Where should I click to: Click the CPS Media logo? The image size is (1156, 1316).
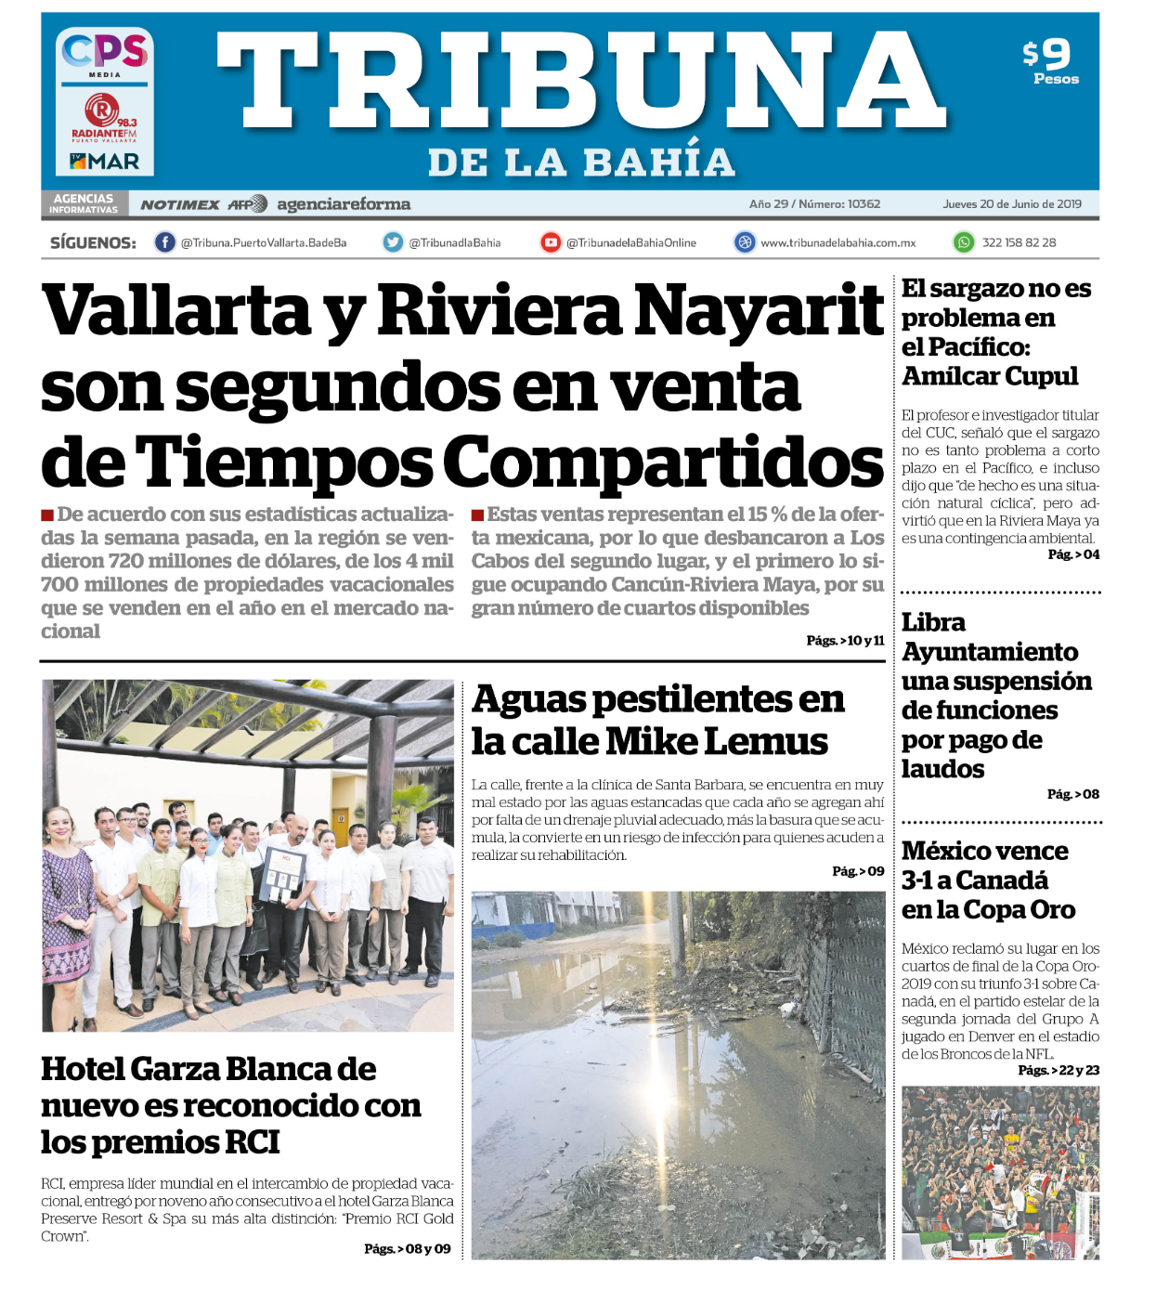click(x=105, y=54)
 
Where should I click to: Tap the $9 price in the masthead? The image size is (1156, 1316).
click(x=1048, y=55)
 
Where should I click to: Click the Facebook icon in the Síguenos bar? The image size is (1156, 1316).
click(x=164, y=242)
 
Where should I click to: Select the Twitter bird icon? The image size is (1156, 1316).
click(x=394, y=242)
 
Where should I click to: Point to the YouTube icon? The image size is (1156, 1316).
click(x=551, y=242)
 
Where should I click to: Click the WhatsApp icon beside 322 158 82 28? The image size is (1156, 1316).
click(x=965, y=242)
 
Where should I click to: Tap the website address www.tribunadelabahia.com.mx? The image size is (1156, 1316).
click(x=838, y=243)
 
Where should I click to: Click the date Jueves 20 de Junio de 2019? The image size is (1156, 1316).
click(x=1012, y=204)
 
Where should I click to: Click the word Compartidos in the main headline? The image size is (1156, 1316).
click(x=663, y=462)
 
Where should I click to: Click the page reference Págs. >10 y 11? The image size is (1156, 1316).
click(x=845, y=641)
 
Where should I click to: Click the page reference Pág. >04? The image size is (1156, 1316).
click(x=1073, y=554)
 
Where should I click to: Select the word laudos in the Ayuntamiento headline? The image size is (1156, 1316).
click(x=942, y=769)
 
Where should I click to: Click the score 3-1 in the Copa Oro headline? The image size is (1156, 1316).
click(x=923, y=880)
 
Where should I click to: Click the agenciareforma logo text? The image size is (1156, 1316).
click(x=344, y=204)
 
